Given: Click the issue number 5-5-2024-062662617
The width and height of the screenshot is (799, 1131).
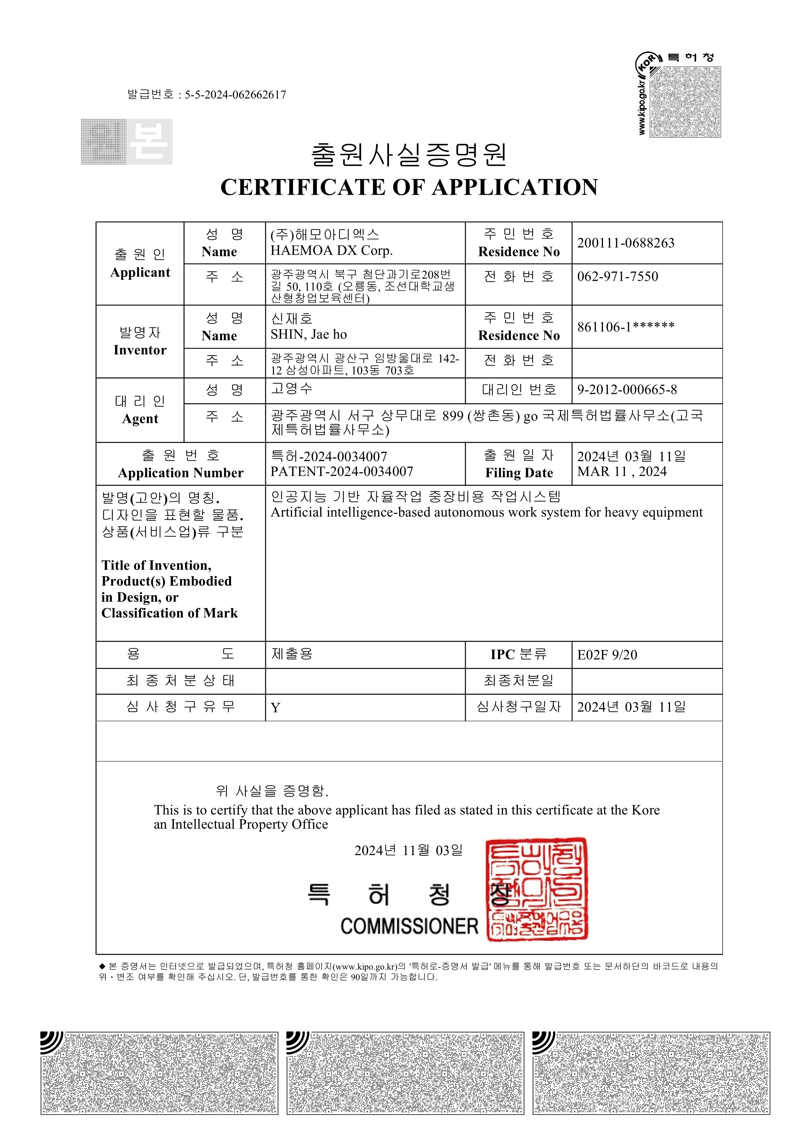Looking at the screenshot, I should tap(235, 94).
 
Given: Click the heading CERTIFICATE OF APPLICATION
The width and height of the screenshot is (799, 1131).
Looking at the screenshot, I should tap(409, 188).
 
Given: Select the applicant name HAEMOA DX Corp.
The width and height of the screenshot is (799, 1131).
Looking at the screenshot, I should tap(331, 251).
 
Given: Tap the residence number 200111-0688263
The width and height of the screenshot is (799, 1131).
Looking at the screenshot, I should tap(625, 243).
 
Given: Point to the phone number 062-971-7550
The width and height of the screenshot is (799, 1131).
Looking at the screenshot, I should tap(617, 276).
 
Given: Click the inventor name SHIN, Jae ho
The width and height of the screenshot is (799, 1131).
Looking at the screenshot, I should tap(309, 334).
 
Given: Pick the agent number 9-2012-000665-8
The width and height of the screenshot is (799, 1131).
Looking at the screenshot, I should tap(627, 390).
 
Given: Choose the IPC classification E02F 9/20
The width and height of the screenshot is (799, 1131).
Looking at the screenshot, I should tap(607, 655).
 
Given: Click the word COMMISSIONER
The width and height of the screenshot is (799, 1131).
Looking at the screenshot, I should tap(409, 926).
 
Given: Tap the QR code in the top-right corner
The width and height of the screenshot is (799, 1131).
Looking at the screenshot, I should tap(685, 102).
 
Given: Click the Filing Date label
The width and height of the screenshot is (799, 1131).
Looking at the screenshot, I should tap(519, 473).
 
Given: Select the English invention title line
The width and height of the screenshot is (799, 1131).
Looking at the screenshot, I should tap(486, 512).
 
